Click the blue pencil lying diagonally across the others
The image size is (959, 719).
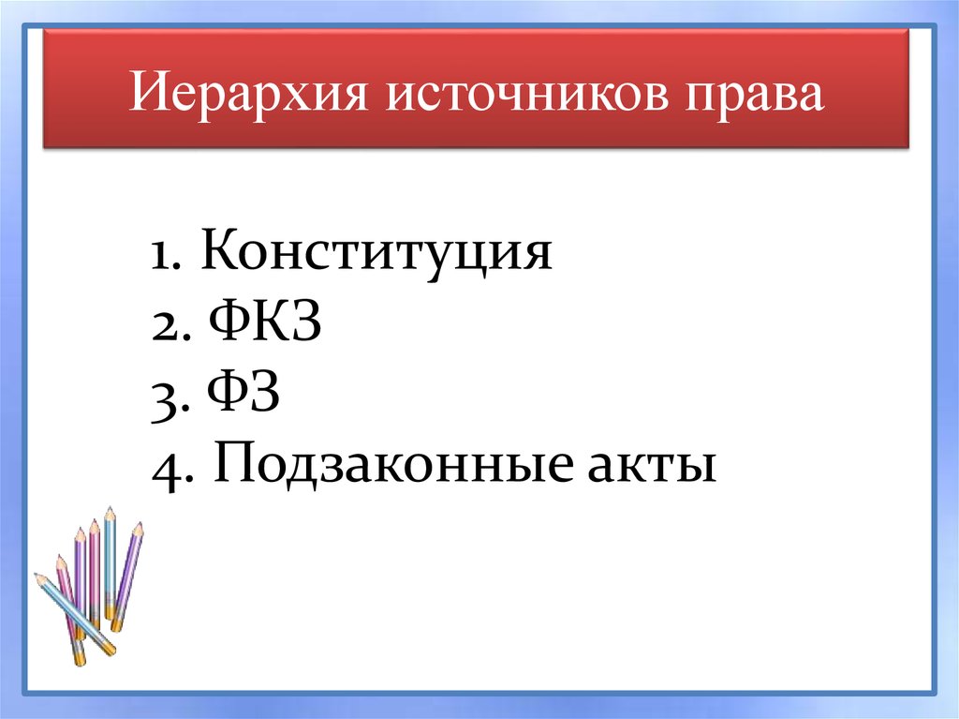(x=75, y=614)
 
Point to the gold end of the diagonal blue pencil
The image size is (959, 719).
(x=108, y=648)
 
